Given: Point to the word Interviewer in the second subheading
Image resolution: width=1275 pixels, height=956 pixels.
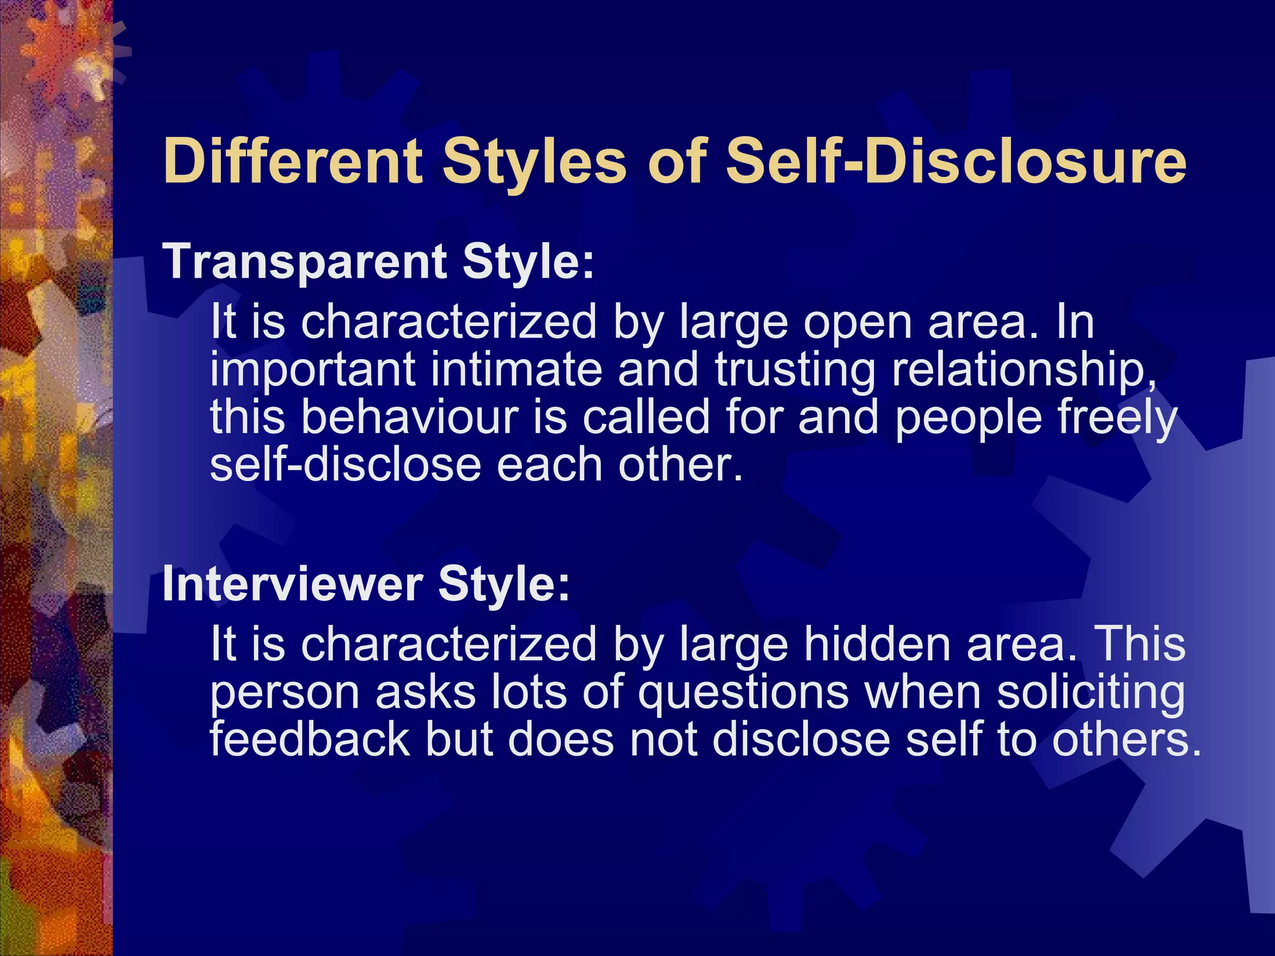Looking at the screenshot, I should [293, 585].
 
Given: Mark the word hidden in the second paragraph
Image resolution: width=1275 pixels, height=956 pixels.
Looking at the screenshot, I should [877, 645].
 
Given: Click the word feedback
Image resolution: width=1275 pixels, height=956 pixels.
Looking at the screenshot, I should [309, 739].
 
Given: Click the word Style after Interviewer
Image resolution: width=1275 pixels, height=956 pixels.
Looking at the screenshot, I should [503, 585].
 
